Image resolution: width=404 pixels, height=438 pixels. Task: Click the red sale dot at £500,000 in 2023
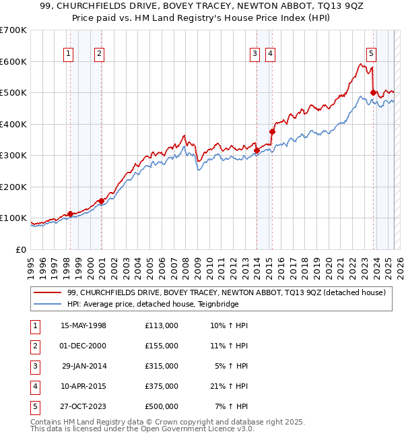tap(373, 93)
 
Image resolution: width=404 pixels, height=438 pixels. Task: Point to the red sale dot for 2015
tap(272, 132)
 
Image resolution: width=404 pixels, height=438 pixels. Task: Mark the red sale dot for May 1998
tap(70, 214)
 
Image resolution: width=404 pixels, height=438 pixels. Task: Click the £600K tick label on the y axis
tap(13, 61)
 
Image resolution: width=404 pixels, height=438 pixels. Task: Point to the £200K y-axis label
tap(13, 187)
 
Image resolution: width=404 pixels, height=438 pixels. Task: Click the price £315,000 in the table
tap(162, 366)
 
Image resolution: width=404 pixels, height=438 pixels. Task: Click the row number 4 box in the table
tap(34, 386)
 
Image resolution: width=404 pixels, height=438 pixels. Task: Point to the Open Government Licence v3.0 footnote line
tap(142, 429)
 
